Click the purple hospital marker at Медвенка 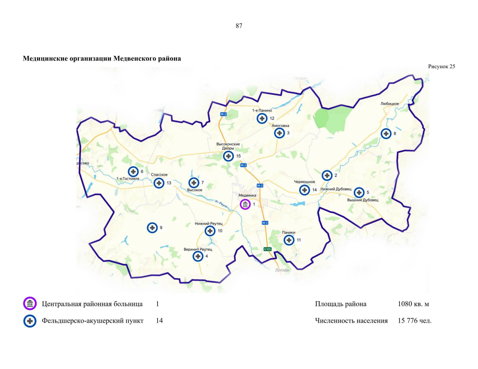pos(245,204)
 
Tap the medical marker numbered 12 pos(262,118)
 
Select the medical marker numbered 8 pos(386,133)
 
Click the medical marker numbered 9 pos(152,228)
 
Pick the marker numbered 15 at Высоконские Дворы pos(228,156)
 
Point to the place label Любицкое pos(389,104)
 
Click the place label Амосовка pos(280,125)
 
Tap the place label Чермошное pos(304,182)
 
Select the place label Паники pos(288,232)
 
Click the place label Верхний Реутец pos(198,249)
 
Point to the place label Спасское pos(159,175)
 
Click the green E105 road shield pos(267,249)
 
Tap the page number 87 pos(239,26)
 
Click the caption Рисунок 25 pos(441,66)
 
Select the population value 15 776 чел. pos(414,321)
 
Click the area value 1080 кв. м pos(413,304)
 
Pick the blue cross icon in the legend pos(30,321)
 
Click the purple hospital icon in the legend pos(30,304)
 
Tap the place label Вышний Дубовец pos(363,200)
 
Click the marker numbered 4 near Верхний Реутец pos(198,256)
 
